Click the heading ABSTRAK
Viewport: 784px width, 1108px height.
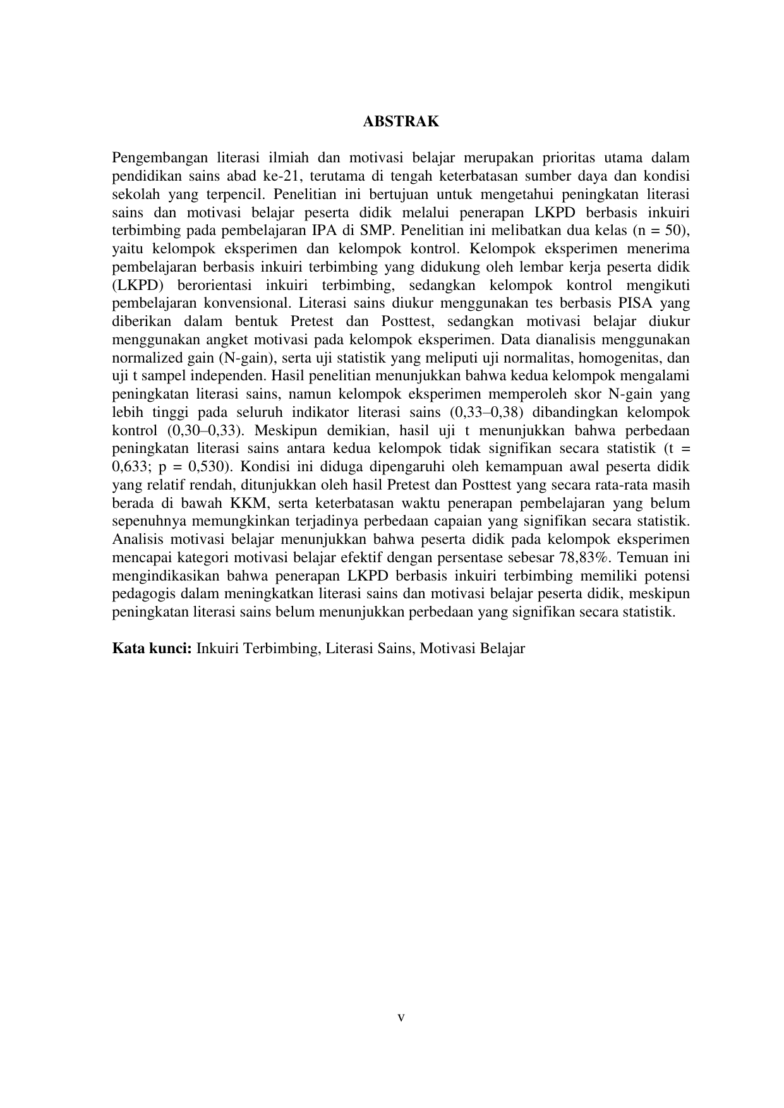tap(401, 122)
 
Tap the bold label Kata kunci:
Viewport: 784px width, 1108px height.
tap(152, 648)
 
